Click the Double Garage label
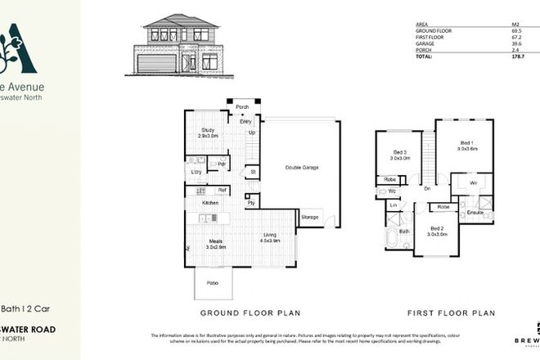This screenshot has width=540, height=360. coord(302,168)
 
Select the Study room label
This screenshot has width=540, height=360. coord(209,132)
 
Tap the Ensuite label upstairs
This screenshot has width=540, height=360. coord(475,213)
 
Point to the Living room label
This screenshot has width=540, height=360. coord(271,238)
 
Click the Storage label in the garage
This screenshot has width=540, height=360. coord(310,217)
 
